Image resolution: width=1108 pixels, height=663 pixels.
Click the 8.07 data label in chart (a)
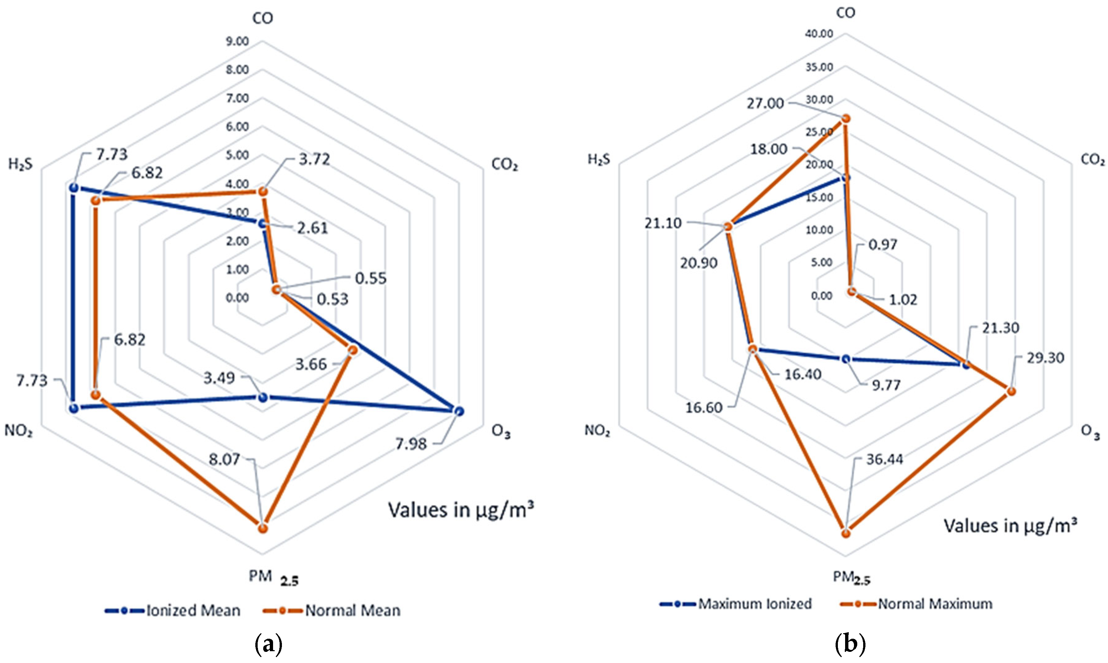tap(224, 459)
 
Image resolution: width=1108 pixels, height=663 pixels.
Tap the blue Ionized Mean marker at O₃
tap(458, 411)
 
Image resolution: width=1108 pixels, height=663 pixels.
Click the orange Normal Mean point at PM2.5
tap(263, 528)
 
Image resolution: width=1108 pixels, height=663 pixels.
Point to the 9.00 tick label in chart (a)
tap(237, 42)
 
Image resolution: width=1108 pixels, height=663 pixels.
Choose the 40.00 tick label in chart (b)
tap(819, 34)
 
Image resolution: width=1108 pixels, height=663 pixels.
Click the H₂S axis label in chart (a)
tap(21, 164)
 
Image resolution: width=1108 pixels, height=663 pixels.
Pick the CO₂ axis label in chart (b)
tap(1092, 159)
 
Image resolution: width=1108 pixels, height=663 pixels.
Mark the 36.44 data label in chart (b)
tap(884, 459)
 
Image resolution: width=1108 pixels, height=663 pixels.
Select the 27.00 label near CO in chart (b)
tap(765, 104)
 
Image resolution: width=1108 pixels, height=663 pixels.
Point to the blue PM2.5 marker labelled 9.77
tap(845, 359)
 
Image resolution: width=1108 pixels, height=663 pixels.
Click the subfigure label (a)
tap(268, 644)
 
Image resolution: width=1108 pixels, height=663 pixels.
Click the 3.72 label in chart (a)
tap(314, 159)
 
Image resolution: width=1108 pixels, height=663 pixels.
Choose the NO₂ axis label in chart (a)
tap(18, 431)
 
